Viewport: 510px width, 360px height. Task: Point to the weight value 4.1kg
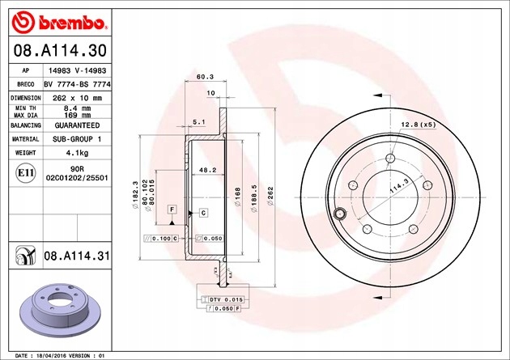(x=77, y=151)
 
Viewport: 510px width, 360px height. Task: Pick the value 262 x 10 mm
(x=77, y=96)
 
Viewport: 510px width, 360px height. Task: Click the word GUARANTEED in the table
(x=77, y=126)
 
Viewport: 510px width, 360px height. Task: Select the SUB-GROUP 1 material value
(x=77, y=139)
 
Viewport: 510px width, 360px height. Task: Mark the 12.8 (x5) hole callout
(x=419, y=124)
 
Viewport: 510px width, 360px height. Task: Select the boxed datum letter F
(x=172, y=210)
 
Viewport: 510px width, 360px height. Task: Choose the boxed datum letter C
(x=203, y=212)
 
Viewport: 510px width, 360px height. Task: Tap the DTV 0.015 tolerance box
(x=226, y=299)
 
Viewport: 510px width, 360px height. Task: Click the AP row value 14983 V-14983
(x=77, y=71)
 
